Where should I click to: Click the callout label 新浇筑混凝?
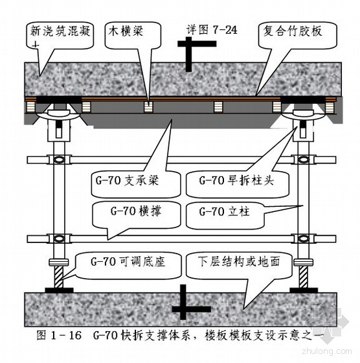pyautogui.click(x=60, y=31)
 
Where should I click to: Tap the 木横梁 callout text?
pyautogui.click(x=126, y=31)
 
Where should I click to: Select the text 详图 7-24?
pyautogui.click(x=212, y=30)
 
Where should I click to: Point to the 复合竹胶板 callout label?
pyautogui.click(x=293, y=31)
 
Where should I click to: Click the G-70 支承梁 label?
pyautogui.click(x=127, y=180)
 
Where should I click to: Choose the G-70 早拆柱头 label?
pyautogui.click(x=236, y=180)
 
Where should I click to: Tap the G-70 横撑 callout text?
pyautogui.click(x=136, y=211)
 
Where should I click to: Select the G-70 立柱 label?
pyautogui.click(x=224, y=211)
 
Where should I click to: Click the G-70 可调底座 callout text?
pyautogui.click(x=128, y=262)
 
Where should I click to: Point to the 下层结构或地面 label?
pyautogui.click(x=239, y=261)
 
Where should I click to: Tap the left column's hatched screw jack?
pyautogui.click(x=59, y=276)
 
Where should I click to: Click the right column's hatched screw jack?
pyautogui.click(x=304, y=276)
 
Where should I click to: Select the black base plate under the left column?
pyautogui.click(x=59, y=290)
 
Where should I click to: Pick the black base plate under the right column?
pyautogui.click(x=304, y=290)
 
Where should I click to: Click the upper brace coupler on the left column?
pyautogui.click(x=59, y=159)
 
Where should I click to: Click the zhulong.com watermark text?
pyautogui.click(x=327, y=351)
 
